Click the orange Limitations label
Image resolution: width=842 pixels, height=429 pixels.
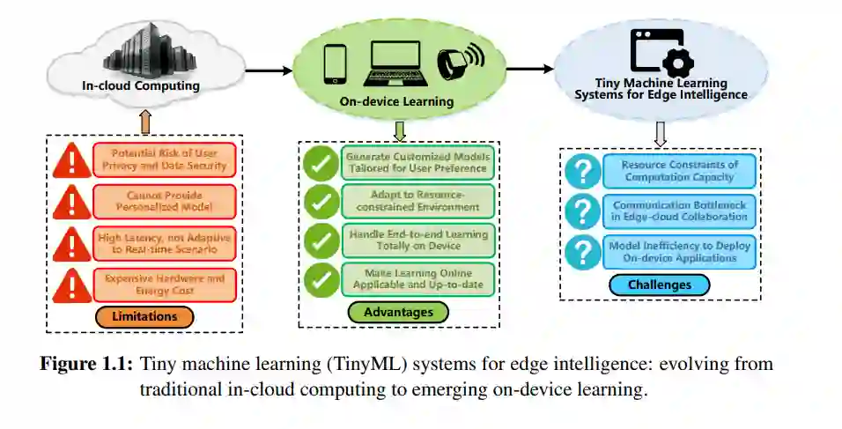144,315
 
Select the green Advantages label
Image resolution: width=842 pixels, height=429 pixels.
398,312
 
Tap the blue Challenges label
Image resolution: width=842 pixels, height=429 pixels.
660,285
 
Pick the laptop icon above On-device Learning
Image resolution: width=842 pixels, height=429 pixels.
394,63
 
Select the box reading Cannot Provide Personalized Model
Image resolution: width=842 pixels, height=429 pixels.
164,201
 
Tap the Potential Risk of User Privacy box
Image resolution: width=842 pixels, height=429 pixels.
164,159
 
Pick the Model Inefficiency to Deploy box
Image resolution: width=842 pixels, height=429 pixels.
678,252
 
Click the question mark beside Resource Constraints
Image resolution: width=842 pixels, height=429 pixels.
582,171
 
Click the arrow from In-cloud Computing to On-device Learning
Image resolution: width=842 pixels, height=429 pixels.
268,70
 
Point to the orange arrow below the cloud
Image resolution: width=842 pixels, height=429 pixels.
145,120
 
